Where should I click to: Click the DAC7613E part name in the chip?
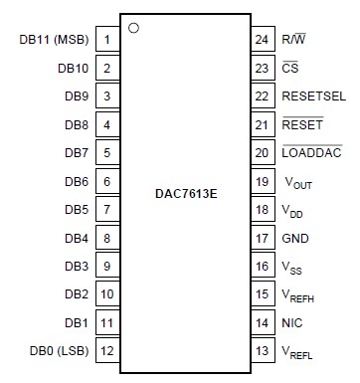pyautogui.click(x=186, y=195)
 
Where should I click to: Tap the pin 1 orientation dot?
pyautogui.click(x=133, y=27)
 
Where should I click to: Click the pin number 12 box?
pyautogui.click(x=106, y=351)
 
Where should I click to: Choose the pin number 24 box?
pyautogui.click(x=263, y=41)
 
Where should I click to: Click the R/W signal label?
pyautogui.click(x=295, y=41)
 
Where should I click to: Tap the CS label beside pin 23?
pyautogui.click(x=290, y=69)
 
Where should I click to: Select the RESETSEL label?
pyautogui.click(x=314, y=96)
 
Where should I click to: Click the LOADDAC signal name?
pyautogui.click(x=312, y=153)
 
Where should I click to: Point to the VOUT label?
pyautogui.click(x=299, y=183)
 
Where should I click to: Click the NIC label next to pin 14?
pyautogui.click(x=293, y=323)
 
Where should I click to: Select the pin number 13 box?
pyautogui.click(x=263, y=351)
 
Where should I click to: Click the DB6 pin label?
pyautogui.click(x=75, y=182)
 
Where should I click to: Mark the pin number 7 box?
pyautogui.click(x=106, y=210)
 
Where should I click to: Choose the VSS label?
pyautogui.click(x=295, y=268)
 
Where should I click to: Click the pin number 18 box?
pyautogui.click(x=263, y=210)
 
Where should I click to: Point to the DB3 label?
pyautogui.click(x=75, y=267)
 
